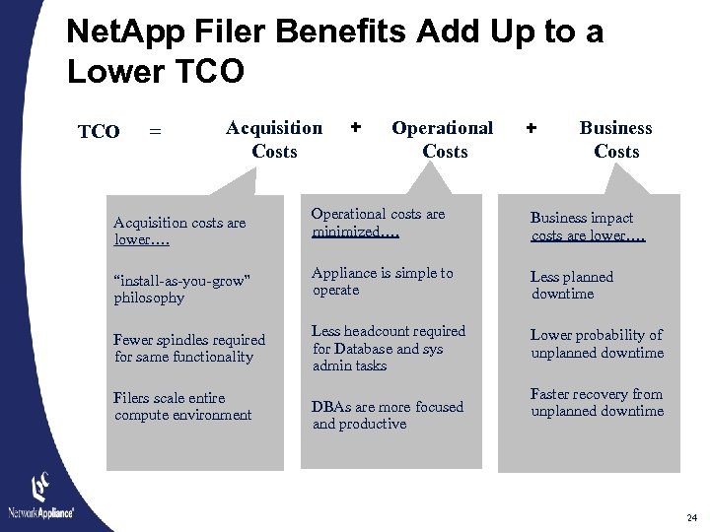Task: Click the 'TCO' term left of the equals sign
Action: tap(99, 132)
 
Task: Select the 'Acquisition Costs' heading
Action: tap(274, 139)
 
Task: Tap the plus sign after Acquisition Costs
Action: tap(356, 127)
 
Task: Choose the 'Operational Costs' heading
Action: tap(443, 139)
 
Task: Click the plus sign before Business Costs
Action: tap(532, 127)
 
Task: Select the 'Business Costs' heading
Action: tap(615, 139)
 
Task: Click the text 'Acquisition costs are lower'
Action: tap(179, 231)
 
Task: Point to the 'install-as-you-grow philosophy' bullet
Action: tap(181, 289)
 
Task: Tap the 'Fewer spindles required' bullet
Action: tap(189, 348)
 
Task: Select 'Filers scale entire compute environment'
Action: tap(182, 406)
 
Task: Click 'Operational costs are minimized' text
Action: tap(378, 223)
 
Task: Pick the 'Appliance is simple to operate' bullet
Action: tap(383, 281)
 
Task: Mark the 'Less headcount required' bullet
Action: tap(389, 348)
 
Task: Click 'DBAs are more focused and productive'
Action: tap(388, 415)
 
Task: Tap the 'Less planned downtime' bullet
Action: tap(572, 285)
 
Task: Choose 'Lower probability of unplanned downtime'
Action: tap(597, 344)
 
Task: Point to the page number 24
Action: tap(691, 517)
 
